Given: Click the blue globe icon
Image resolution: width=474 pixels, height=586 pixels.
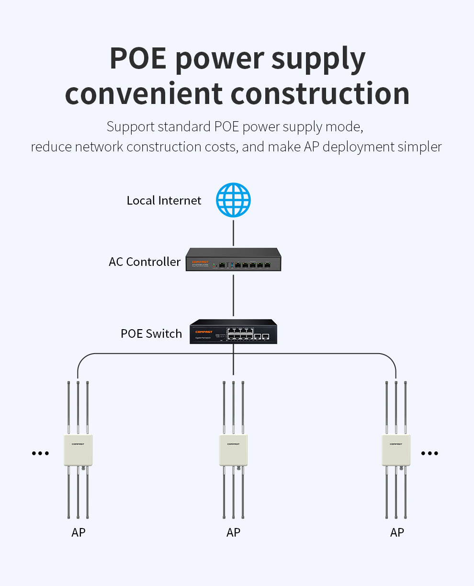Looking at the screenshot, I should tap(233, 200).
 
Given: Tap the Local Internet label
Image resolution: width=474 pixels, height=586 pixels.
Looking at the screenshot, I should tap(164, 200).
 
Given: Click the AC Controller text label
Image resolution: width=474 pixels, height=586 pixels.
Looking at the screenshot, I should tap(145, 262).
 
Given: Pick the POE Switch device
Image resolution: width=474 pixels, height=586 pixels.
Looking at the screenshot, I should tap(233, 331).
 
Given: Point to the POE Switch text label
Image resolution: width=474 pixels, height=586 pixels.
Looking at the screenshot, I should tap(151, 333).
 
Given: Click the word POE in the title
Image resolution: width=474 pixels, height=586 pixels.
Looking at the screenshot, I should tap(138, 58).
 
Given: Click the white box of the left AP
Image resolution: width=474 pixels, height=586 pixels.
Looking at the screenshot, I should tap(78, 450).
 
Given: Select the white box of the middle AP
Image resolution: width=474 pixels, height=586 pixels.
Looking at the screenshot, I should tap(233, 450).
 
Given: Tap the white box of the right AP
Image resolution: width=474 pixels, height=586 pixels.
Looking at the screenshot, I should tap(396, 450).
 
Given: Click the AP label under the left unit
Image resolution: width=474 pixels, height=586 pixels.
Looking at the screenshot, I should tap(79, 532).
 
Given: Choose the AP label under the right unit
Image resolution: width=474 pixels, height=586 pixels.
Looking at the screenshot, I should tap(397, 532).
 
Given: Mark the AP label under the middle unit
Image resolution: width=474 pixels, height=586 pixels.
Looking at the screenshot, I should tap(233, 532).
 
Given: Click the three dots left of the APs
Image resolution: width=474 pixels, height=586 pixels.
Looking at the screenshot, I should tap(40, 453).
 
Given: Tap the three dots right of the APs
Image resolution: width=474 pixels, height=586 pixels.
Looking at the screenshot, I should tap(429, 453).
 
